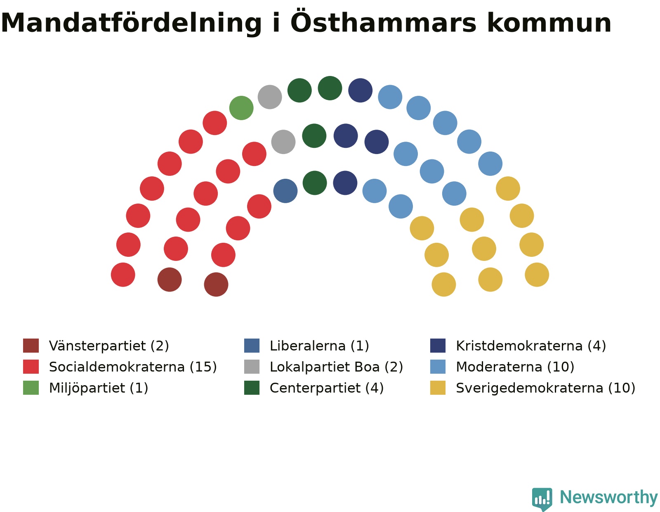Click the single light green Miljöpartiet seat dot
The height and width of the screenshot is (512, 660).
241,108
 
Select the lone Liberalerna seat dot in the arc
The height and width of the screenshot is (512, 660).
285,191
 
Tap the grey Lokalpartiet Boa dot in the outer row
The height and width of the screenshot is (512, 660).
270,97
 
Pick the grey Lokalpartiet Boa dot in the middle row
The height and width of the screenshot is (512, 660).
283,142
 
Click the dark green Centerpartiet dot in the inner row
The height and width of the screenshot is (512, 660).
315,183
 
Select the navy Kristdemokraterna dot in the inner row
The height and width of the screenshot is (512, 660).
345,183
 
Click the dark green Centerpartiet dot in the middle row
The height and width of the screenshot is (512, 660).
314,135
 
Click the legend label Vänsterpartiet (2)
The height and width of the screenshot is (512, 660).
109,346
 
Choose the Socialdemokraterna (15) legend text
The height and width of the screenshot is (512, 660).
133,367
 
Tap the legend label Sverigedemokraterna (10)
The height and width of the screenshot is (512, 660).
545,388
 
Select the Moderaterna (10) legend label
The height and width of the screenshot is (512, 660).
515,367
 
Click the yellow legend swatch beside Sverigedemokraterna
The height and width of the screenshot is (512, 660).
438,388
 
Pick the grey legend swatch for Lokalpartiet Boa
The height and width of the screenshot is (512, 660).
252,367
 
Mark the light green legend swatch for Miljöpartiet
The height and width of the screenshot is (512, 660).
31,388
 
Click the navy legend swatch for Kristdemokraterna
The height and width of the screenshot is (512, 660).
438,346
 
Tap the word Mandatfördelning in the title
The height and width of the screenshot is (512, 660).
131,24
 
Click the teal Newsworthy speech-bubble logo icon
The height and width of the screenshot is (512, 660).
542,499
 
